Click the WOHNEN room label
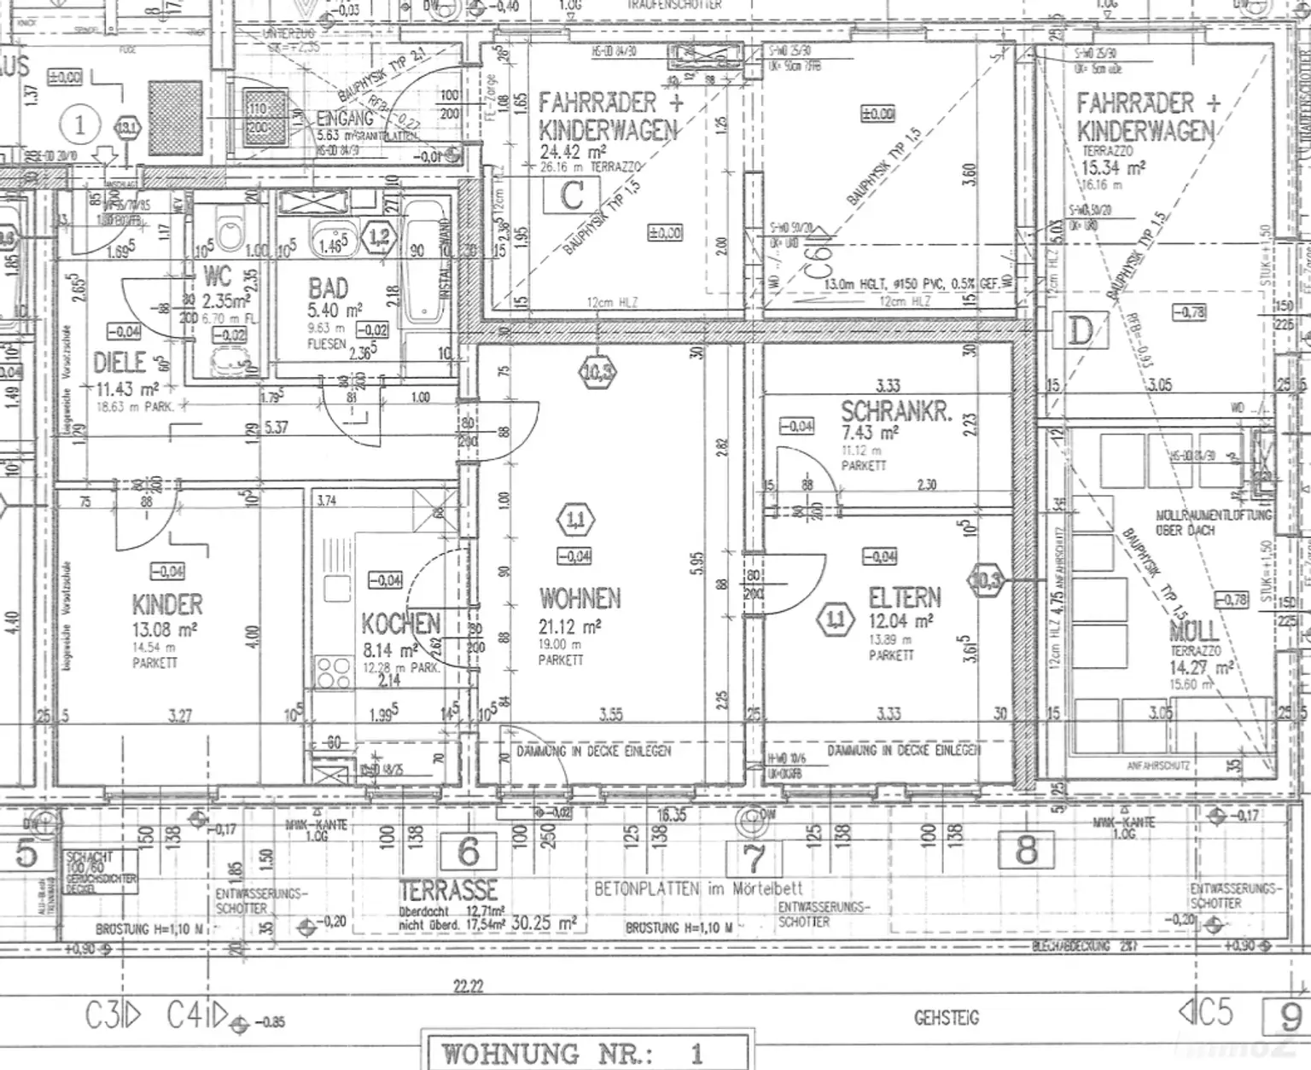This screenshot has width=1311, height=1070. coord(580,598)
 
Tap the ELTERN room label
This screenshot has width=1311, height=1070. coord(904,596)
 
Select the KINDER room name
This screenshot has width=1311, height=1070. coord(167,605)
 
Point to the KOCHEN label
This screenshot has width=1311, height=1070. coord(400,624)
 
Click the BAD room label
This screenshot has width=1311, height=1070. coord(329,288)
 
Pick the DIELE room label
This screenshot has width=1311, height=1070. coord(119,363)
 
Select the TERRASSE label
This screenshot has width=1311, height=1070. coord(448,891)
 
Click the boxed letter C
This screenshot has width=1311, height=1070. coord(571,195)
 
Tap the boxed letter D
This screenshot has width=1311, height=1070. coord(1080,330)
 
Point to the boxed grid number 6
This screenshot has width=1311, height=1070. coord(469,851)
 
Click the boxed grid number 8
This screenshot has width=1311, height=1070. coord(1026,850)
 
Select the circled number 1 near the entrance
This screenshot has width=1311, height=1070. coord(80,126)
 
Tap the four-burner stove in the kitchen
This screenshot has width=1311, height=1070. coord(332,672)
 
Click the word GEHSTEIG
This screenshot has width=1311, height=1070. coord(946,1018)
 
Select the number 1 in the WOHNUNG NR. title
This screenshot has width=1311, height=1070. coord(696,1053)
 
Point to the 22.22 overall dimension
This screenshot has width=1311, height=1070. coord(468,987)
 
